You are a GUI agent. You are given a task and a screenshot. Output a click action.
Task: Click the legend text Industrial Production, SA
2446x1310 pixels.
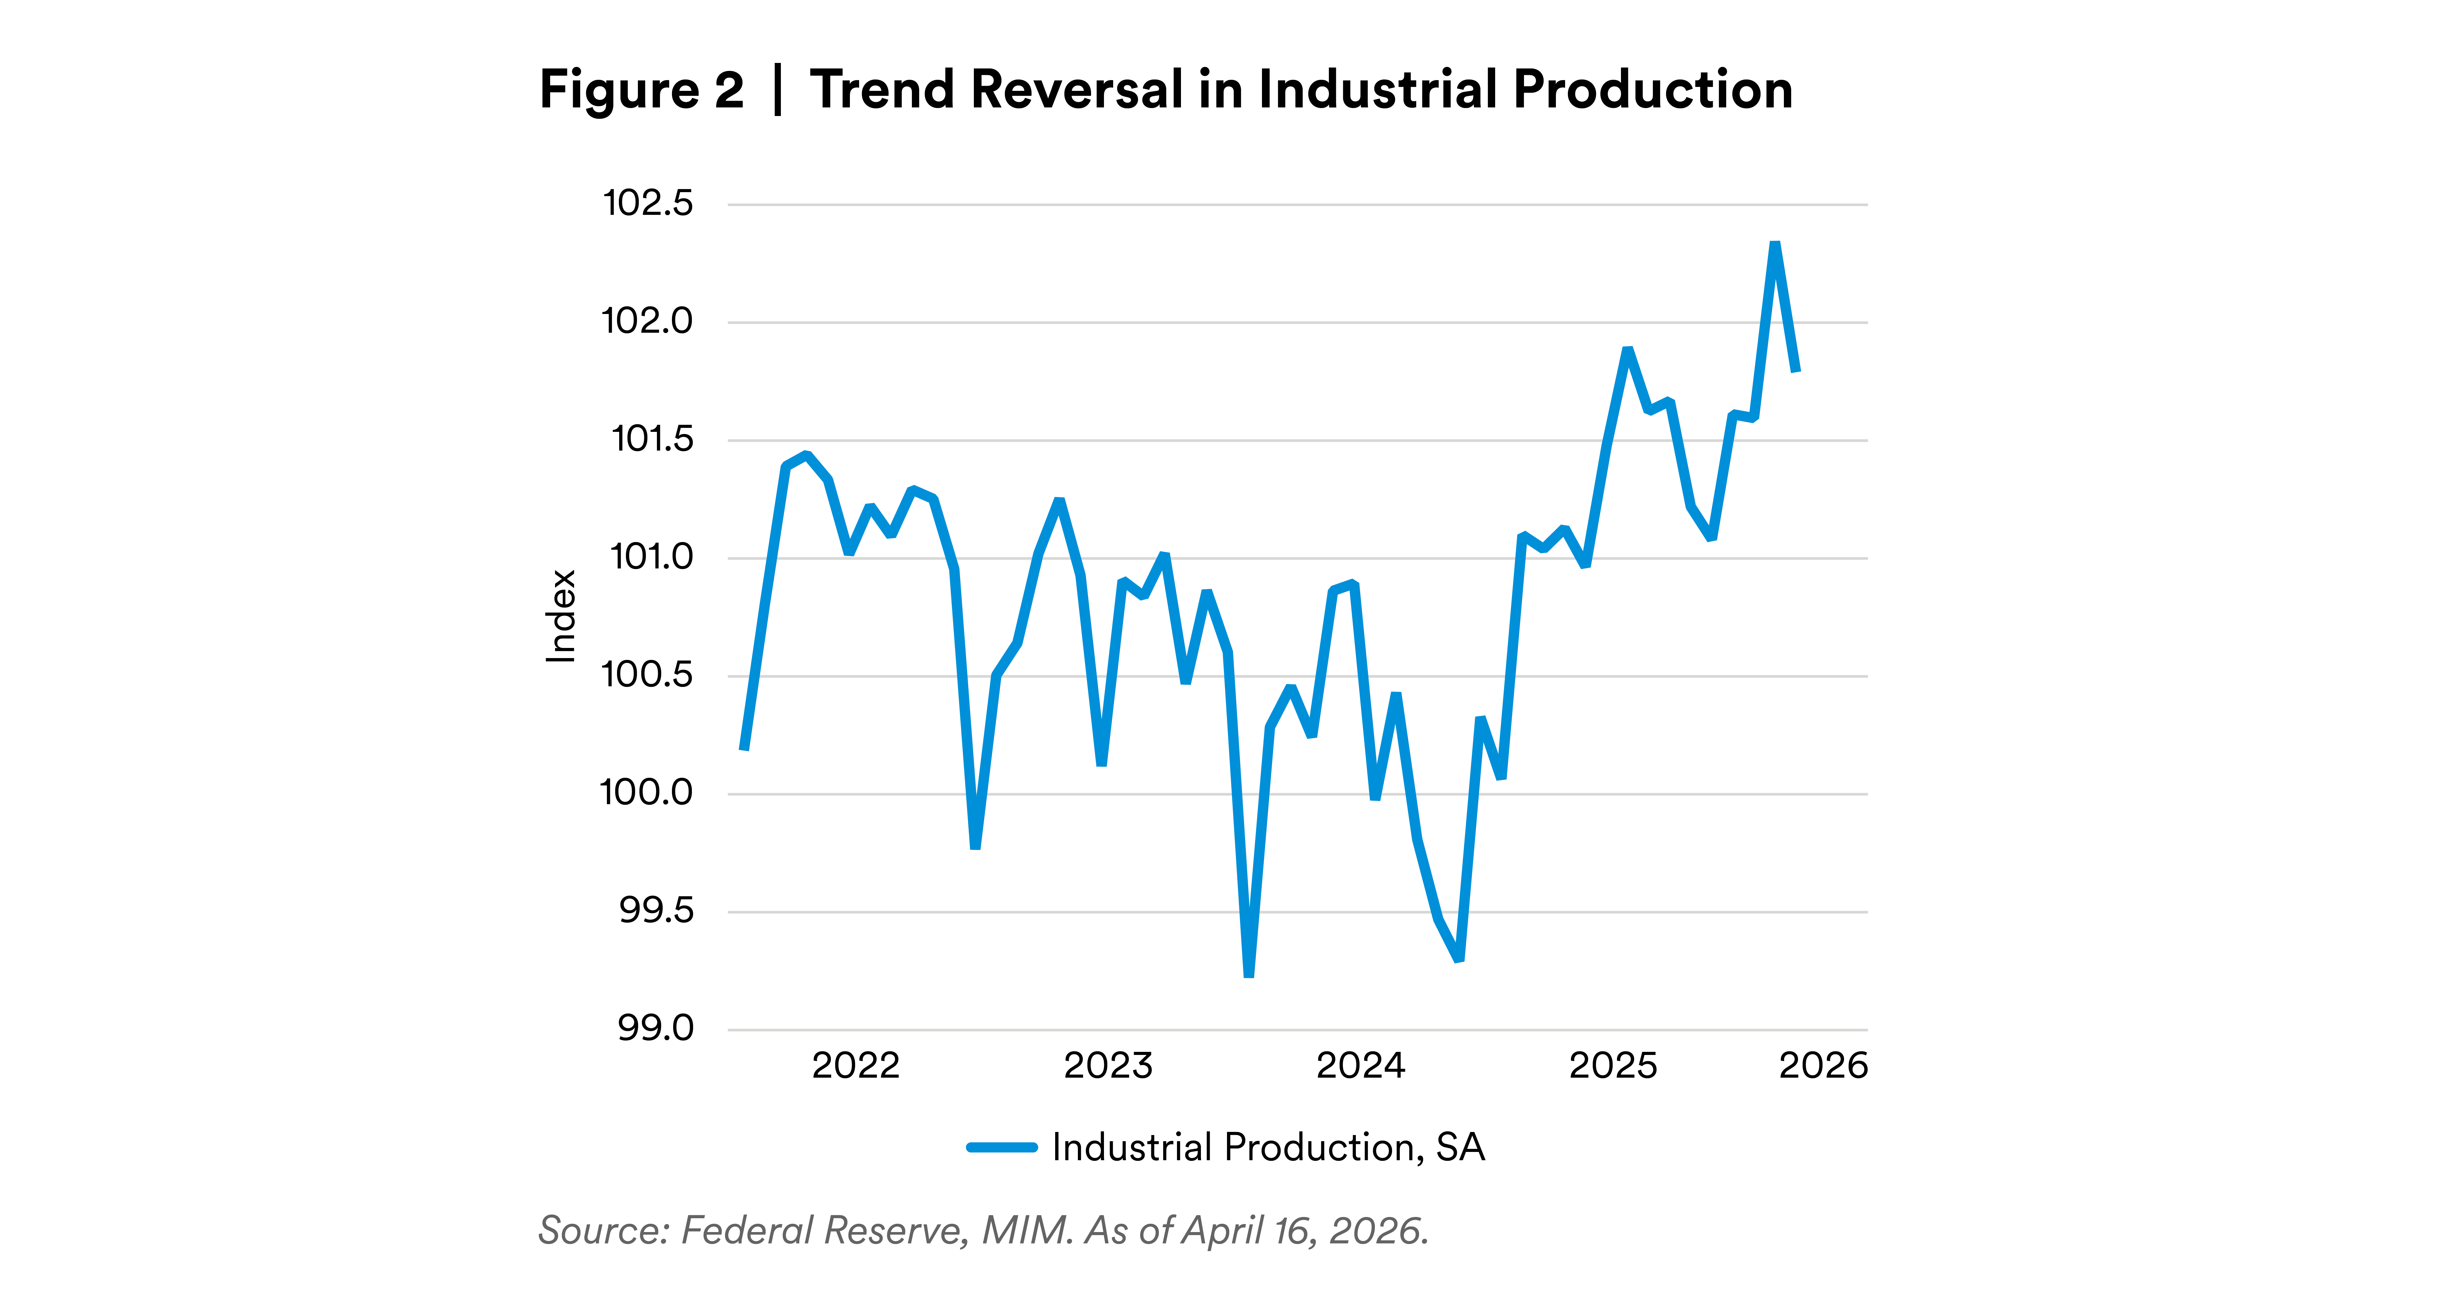click(x=1267, y=1148)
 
